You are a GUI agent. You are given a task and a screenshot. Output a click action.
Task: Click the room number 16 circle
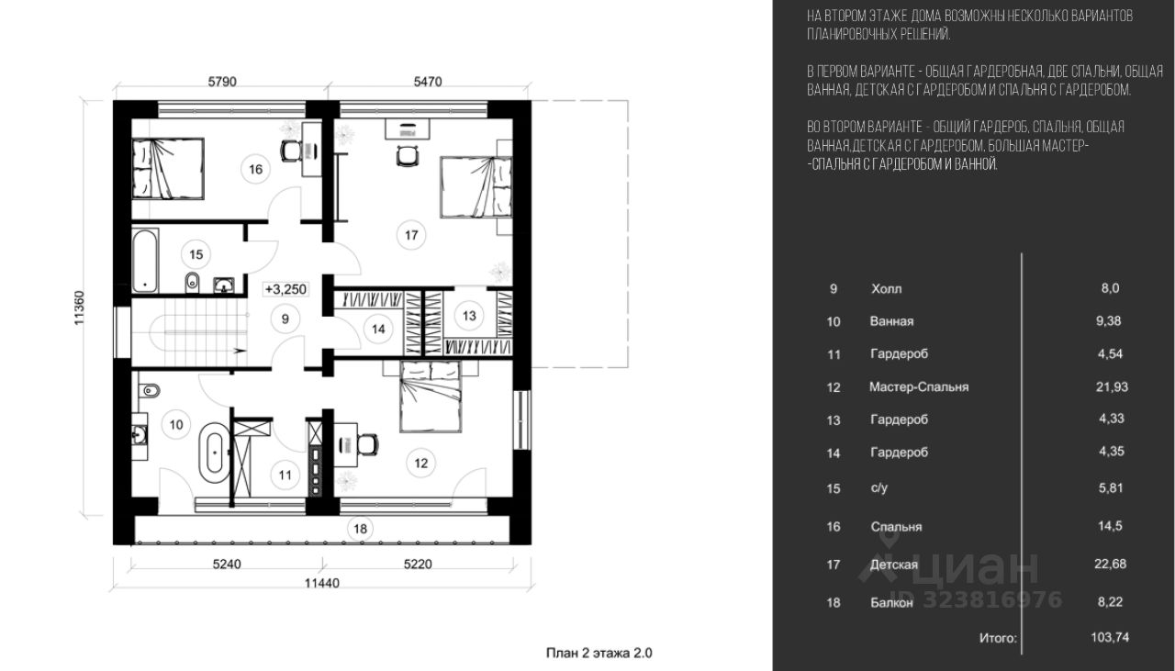click(x=255, y=169)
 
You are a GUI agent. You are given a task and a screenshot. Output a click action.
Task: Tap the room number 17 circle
click(x=411, y=235)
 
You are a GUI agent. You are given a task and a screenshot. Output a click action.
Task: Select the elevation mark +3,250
click(x=285, y=289)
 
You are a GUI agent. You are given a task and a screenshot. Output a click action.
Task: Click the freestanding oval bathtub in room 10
click(x=214, y=453)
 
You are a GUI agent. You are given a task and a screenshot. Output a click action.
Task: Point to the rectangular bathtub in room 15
click(x=145, y=260)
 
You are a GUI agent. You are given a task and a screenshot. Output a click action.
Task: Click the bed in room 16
click(x=168, y=169)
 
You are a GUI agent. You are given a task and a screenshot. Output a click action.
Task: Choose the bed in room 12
click(x=431, y=397)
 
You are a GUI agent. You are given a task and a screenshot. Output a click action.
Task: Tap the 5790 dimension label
click(x=222, y=82)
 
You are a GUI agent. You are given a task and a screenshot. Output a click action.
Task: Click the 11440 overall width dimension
click(x=322, y=583)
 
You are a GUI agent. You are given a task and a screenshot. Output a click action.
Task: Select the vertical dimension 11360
click(x=79, y=308)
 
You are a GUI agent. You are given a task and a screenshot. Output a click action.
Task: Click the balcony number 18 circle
click(x=360, y=529)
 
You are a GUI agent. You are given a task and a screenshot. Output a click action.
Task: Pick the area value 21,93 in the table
click(x=1112, y=386)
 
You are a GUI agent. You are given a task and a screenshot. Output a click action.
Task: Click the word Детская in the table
click(x=894, y=565)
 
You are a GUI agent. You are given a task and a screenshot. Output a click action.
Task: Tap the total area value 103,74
click(x=1110, y=637)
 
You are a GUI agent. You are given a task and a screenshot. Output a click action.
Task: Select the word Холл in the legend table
click(x=887, y=288)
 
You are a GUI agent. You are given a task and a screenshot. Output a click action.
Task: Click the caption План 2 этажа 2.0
click(x=599, y=653)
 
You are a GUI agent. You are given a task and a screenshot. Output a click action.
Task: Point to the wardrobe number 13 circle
click(x=469, y=316)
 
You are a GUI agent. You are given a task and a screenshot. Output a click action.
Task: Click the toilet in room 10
click(x=150, y=390)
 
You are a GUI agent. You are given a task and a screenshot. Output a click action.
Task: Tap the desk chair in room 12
click(x=368, y=445)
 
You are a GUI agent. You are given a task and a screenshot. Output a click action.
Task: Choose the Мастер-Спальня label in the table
click(x=919, y=387)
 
